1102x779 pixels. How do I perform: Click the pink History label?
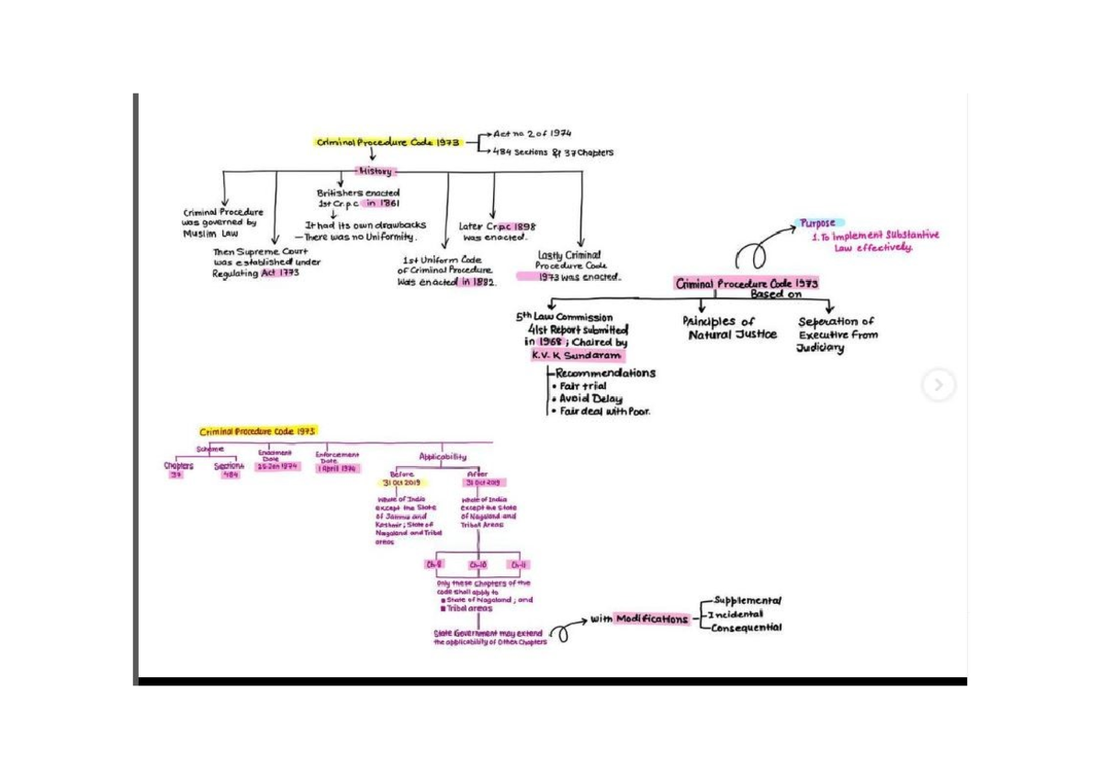(x=375, y=172)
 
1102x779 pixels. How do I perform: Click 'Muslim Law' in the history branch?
(x=209, y=234)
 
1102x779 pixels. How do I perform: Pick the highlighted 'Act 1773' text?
(x=280, y=273)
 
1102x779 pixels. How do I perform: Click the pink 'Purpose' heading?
(x=817, y=223)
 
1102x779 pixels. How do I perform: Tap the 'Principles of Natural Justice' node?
(x=728, y=328)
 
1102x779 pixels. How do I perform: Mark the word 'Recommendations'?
(x=605, y=373)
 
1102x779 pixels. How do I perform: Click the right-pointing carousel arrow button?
(x=938, y=385)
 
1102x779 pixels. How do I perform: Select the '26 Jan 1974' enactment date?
(x=276, y=466)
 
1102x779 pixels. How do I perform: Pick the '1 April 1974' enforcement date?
(x=337, y=468)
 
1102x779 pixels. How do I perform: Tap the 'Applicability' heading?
(x=443, y=457)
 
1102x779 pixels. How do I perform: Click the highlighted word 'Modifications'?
(x=652, y=619)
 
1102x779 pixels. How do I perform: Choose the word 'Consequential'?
(x=747, y=628)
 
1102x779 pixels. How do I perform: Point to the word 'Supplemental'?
(x=747, y=601)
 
